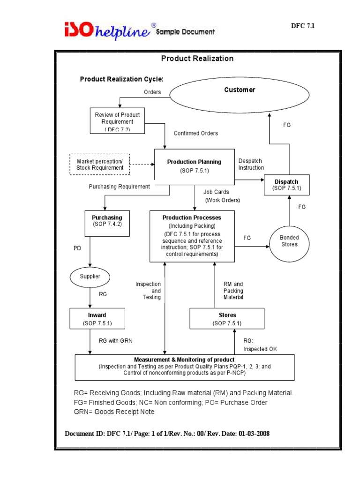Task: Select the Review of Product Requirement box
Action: pos(117,121)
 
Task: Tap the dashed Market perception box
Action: pos(99,164)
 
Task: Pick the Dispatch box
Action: pos(286,185)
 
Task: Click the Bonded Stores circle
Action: pos(289,241)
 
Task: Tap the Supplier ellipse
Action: pos(90,277)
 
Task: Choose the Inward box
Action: pos(97,319)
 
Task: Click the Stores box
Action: pos(227,319)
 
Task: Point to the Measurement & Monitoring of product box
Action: pos(185,367)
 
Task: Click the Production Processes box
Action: pos(192,236)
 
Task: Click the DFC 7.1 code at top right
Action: pos(303,26)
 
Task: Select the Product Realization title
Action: pos(197,59)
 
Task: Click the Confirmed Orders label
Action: pos(195,133)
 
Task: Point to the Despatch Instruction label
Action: pos(251,164)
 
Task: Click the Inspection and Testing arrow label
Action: pos(148,291)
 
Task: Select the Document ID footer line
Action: pos(167,434)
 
